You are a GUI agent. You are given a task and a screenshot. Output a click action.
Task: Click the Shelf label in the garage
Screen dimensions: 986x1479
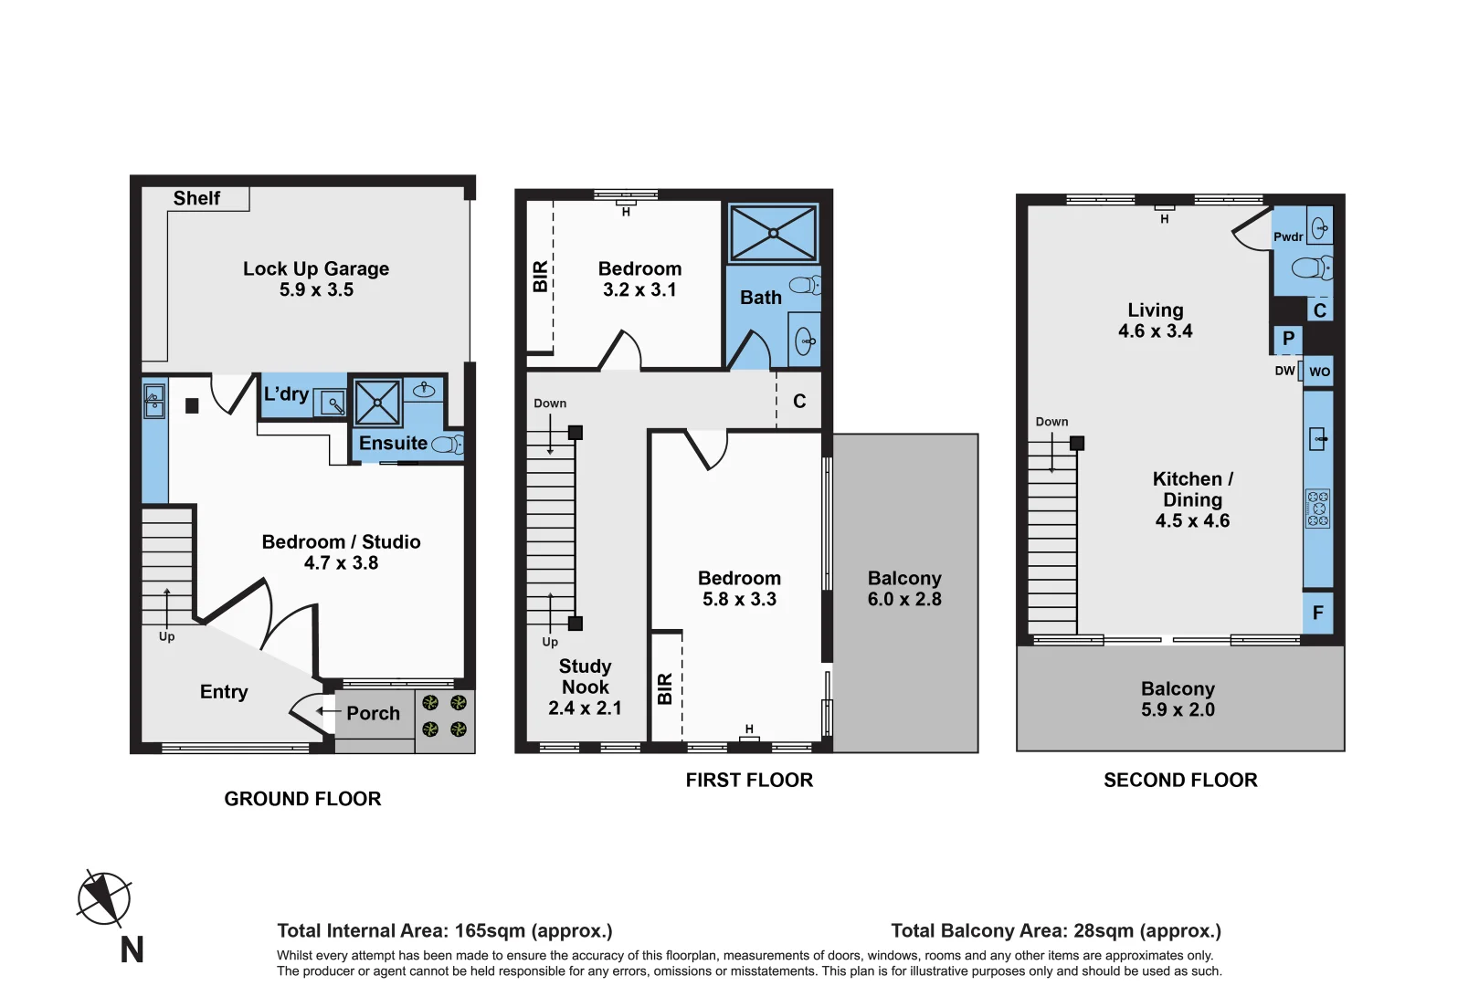196,198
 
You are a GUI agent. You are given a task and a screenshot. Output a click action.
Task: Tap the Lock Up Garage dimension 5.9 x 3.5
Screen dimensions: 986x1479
316,290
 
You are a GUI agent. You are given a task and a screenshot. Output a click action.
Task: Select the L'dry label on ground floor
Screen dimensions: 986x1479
286,394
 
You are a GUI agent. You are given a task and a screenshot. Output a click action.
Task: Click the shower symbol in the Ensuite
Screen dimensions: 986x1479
377,403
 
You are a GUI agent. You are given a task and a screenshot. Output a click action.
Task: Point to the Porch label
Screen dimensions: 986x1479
373,713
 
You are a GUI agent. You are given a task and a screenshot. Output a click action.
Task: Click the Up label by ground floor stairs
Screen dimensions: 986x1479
166,636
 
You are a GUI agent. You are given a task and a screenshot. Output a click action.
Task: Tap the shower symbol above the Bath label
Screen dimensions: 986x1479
773,233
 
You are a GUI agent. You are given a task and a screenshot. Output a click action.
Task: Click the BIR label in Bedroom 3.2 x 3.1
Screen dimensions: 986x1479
540,277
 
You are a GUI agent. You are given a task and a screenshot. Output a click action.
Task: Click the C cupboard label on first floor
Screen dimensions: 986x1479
799,402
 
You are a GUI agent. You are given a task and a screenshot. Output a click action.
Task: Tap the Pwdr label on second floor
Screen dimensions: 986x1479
1288,237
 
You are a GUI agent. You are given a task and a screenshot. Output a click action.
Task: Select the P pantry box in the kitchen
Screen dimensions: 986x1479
1288,339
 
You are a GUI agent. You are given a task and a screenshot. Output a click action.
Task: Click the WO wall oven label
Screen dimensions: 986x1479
1319,372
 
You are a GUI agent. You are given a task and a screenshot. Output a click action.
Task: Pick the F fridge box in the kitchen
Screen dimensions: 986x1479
1317,613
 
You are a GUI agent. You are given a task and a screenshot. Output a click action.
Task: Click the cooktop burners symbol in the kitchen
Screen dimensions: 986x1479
1317,509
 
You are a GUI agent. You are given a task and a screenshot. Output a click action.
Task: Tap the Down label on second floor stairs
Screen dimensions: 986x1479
1051,422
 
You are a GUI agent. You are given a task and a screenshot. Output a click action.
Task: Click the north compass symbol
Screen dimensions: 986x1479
104,897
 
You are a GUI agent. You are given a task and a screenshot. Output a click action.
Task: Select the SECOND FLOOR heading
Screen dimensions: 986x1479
1180,780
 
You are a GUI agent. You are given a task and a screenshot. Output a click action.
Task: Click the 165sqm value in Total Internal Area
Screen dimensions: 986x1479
490,930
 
